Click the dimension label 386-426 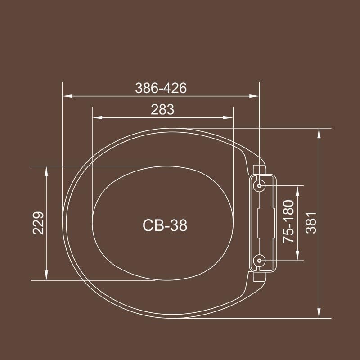point(161,88)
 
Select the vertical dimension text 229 point(39,223)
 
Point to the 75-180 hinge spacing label point(288,222)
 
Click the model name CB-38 point(164,225)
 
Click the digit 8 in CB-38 point(182,225)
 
